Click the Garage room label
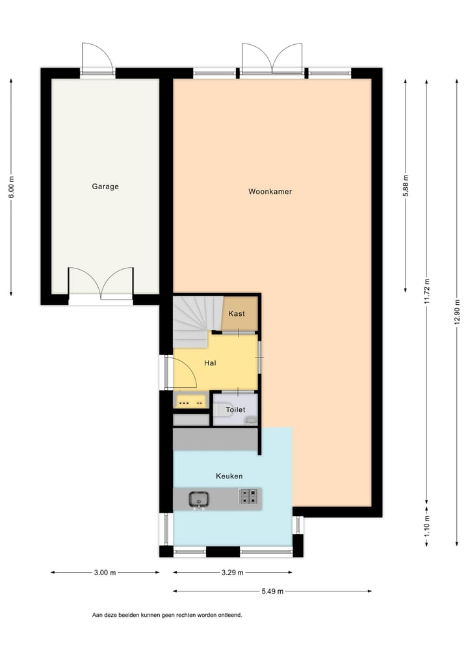[105, 187]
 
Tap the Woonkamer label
[270, 192]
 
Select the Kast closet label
[237, 314]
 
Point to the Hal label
[210, 363]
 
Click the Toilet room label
[235, 410]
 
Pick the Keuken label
[229, 476]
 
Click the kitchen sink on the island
[199, 499]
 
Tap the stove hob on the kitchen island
[248, 497]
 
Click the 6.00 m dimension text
[11, 187]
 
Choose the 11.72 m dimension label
[426, 291]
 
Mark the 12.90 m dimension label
[458, 313]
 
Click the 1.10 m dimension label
[426, 525]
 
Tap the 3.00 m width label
[105, 573]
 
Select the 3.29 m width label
[232, 573]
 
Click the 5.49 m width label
[272, 591]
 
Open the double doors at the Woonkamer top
[272, 60]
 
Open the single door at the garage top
[97, 60]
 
